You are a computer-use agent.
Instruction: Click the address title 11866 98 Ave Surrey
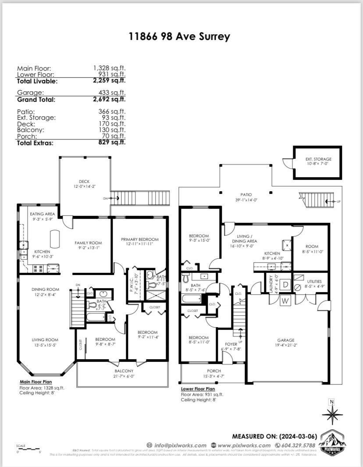click(x=179, y=36)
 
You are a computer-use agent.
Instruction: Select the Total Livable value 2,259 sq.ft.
click(x=109, y=81)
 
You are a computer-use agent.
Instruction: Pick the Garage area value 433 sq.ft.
click(x=112, y=93)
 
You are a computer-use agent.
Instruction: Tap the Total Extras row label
click(x=35, y=143)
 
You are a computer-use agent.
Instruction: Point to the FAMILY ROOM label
click(x=88, y=242)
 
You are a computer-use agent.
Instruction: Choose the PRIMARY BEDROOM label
click(x=139, y=239)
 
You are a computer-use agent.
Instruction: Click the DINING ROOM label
click(x=45, y=289)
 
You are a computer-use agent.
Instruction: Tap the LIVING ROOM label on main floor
click(x=45, y=339)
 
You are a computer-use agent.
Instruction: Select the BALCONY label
click(x=122, y=370)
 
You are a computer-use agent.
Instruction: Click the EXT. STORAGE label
click(x=318, y=159)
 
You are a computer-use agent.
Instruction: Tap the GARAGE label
click(x=285, y=340)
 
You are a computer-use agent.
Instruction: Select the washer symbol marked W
click(x=285, y=300)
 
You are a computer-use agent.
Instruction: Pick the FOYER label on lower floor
click(x=231, y=344)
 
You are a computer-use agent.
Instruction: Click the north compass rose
click(x=332, y=414)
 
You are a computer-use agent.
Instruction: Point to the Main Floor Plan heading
click(x=36, y=382)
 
